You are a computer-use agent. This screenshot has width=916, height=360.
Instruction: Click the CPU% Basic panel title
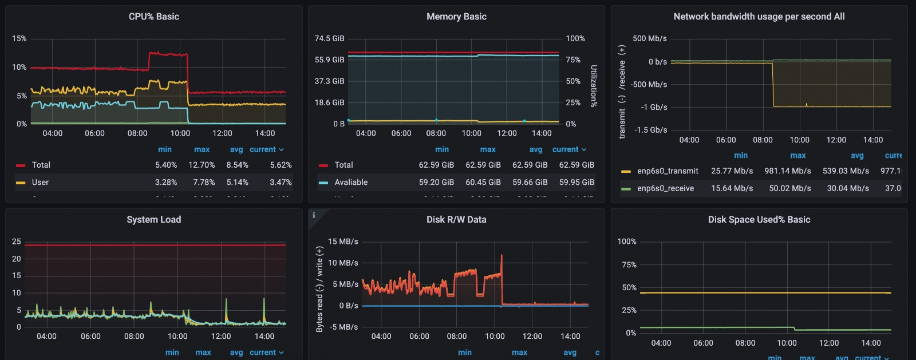coord(153,17)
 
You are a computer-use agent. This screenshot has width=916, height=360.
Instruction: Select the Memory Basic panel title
coord(456,17)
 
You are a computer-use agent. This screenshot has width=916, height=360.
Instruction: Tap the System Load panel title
coord(153,220)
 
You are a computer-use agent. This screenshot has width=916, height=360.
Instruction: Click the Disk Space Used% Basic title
coord(759,220)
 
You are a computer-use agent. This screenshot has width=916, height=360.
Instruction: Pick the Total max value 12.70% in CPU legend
coord(202,165)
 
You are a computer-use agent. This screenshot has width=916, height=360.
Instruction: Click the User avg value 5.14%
coord(237,182)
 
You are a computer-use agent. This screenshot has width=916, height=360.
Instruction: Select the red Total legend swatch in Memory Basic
coord(323,165)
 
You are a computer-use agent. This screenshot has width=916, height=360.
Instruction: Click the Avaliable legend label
coord(351,182)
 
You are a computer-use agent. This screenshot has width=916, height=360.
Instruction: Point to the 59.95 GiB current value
coord(577,182)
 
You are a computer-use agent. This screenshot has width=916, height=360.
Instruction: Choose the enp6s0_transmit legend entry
coord(668,171)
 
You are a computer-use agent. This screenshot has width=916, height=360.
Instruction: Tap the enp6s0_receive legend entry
coord(665,188)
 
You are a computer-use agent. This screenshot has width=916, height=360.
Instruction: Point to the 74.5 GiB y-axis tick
coord(329,38)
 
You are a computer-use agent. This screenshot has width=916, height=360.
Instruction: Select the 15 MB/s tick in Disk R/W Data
coord(343,242)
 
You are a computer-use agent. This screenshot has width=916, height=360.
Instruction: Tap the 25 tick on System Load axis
coord(17,242)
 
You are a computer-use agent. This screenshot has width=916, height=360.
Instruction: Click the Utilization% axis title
coord(594,86)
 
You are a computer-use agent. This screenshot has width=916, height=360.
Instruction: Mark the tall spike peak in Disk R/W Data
coord(502,255)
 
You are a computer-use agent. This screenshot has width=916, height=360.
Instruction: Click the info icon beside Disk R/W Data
coord(314,215)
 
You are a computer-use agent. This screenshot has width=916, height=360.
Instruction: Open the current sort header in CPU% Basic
coord(266,149)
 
